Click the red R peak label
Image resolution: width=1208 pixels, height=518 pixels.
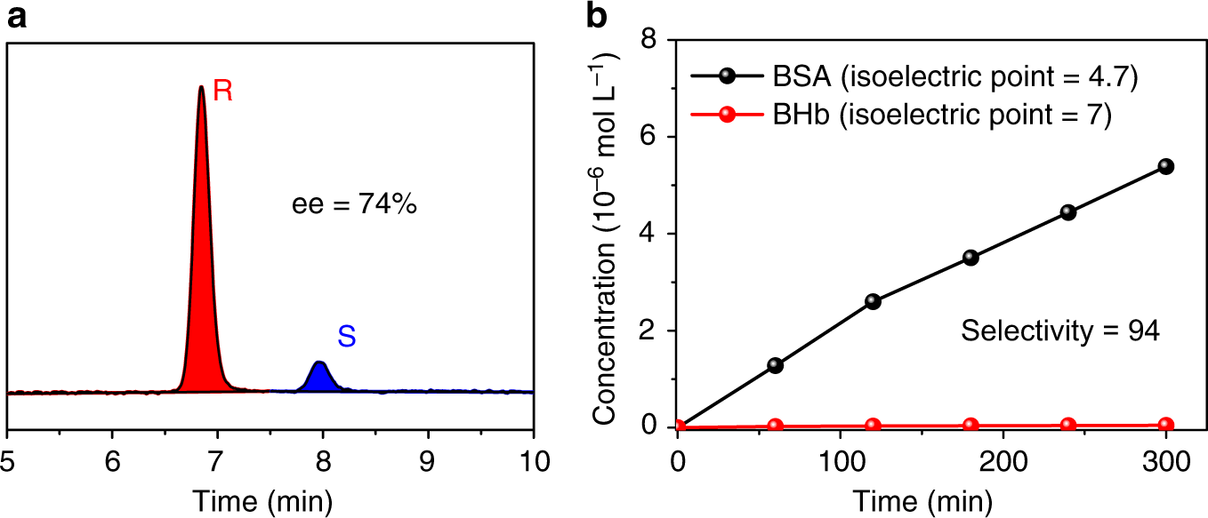pos(223,92)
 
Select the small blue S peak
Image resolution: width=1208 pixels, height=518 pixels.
pos(319,379)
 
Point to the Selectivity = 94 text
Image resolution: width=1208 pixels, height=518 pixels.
pos(1059,331)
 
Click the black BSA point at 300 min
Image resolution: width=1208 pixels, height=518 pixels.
pos(1166,166)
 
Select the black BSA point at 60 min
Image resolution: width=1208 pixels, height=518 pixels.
pos(775,365)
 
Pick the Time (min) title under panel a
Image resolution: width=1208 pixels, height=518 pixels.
pos(270,499)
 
